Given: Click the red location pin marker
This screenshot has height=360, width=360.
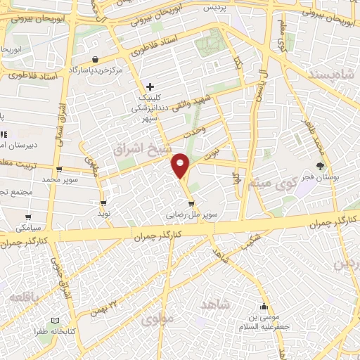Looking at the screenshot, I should click(181, 165).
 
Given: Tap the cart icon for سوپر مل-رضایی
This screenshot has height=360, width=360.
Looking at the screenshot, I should click(191, 203).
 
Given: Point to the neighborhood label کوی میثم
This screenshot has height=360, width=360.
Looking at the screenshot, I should click(270, 186).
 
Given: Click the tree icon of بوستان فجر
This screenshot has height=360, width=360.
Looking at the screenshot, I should click(321, 166).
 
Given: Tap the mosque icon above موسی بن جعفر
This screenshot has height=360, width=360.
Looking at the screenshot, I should click(264, 306).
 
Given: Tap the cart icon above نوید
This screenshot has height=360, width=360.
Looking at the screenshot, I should click(103, 203).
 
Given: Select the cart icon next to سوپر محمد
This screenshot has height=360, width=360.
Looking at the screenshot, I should click(59, 169).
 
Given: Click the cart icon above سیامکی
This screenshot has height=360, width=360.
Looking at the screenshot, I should click(28, 217).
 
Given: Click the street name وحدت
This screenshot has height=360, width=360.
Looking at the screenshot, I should click(194, 131).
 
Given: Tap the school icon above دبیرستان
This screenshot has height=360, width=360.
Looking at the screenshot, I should click(4, 134).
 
